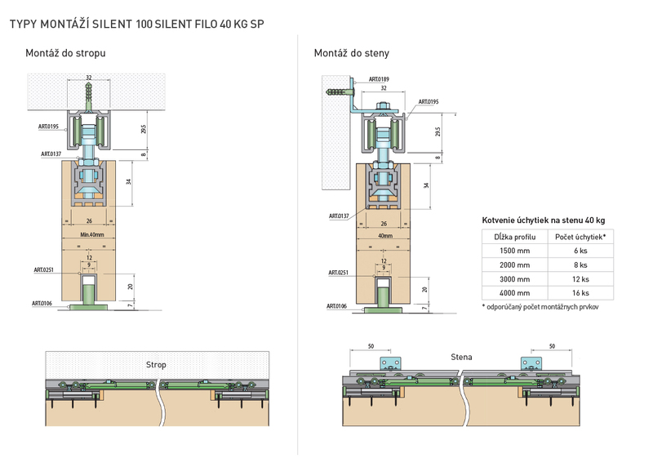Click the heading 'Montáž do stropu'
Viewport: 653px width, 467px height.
[x=65, y=53]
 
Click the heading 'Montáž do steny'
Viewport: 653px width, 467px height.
[x=352, y=53]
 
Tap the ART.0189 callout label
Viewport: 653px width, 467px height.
[x=379, y=79]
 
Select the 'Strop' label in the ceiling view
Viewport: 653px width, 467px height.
[x=156, y=365]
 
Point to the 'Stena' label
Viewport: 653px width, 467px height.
[x=461, y=357]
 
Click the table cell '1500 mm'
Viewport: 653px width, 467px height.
[x=515, y=251]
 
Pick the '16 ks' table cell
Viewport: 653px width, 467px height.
[x=580, y=293]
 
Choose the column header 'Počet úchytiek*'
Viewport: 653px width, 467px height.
[x=580, y=237]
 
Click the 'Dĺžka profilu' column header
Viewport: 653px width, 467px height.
[x=515, y=237]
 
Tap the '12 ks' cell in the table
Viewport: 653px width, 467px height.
[x=580, y=279]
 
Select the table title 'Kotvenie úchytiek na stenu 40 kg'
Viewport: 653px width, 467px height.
[x=544, y=220]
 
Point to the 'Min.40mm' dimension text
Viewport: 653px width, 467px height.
[x=92, y=235]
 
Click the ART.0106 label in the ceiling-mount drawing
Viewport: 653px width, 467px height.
[x=42, y=303]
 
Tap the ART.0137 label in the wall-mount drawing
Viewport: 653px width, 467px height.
[x=339, y=216]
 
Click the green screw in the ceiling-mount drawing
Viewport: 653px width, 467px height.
[x=89, y=96]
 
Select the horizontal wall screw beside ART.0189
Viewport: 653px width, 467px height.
[x=338, y=91]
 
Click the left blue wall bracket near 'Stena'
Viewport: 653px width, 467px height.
[x=391, y=363]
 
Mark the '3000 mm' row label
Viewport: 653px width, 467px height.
[x=515, y=279]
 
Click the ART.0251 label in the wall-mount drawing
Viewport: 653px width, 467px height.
[x=338, y=273]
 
